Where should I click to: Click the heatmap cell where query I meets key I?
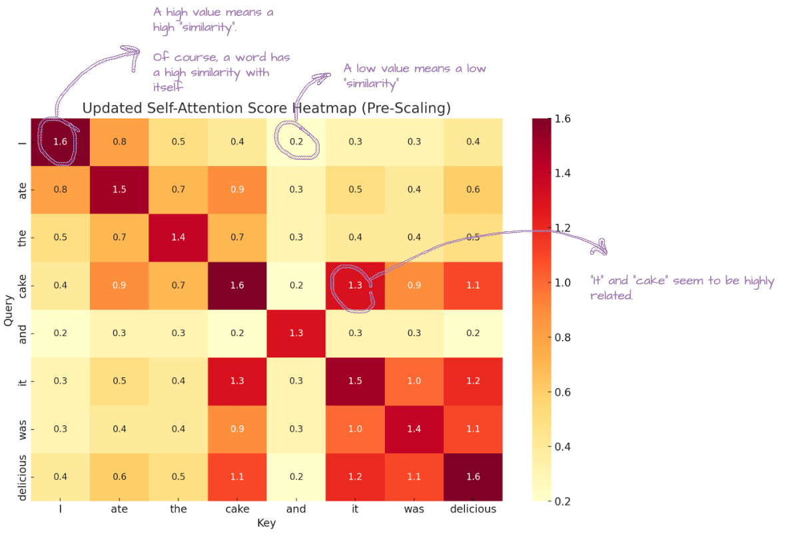[61, 142]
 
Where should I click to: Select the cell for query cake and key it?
[355, 285]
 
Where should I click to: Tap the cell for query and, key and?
[296, 333]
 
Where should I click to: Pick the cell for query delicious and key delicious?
[473, 477]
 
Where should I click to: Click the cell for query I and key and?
[296, 142]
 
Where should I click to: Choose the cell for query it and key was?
[414, 381]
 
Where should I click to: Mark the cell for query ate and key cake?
[237, 190]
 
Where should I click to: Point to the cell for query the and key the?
[179, 238]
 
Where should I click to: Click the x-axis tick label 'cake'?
[237, 509]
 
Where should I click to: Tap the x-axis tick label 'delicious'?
[473, 509]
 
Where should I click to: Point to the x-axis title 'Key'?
[266, 523]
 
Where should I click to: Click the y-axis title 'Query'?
[8, 310]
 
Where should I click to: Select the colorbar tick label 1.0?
[562, 283]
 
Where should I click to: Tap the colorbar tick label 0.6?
[562, 392]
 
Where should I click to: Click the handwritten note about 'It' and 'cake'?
[682, 287]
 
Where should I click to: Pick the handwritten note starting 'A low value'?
[414, 75]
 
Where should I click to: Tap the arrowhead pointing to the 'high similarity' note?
[133, 52]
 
